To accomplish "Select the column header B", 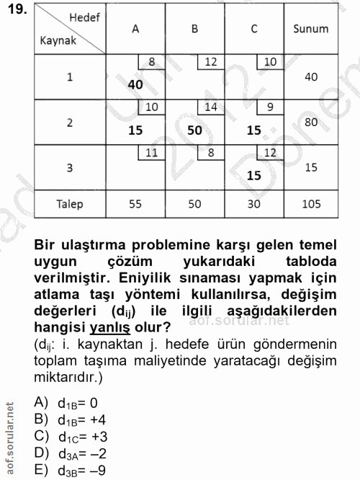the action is point(194,29).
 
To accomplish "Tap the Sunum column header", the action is point(311,29).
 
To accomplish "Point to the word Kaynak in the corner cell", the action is point(58,40).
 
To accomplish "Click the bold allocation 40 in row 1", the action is point(135,84).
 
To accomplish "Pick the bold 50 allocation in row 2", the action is point(194,130).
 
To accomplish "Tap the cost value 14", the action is point(211,107).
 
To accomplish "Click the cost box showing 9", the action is point(270,107).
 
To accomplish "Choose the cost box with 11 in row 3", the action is point(151,152).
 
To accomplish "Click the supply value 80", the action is point(311,123).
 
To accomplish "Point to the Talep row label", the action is point(70,204).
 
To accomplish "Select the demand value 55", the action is point(135,204).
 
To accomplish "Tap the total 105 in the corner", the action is point(311,204).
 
